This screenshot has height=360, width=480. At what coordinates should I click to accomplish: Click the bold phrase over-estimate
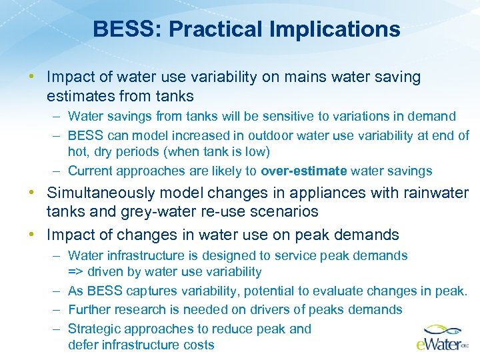[x=304, y=171]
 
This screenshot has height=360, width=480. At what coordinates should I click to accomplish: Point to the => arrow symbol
[x=77, y=272]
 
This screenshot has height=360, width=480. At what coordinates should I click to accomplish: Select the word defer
[x=83, y=345]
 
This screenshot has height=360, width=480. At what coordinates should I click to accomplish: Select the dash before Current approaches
[x=57, y=171]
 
